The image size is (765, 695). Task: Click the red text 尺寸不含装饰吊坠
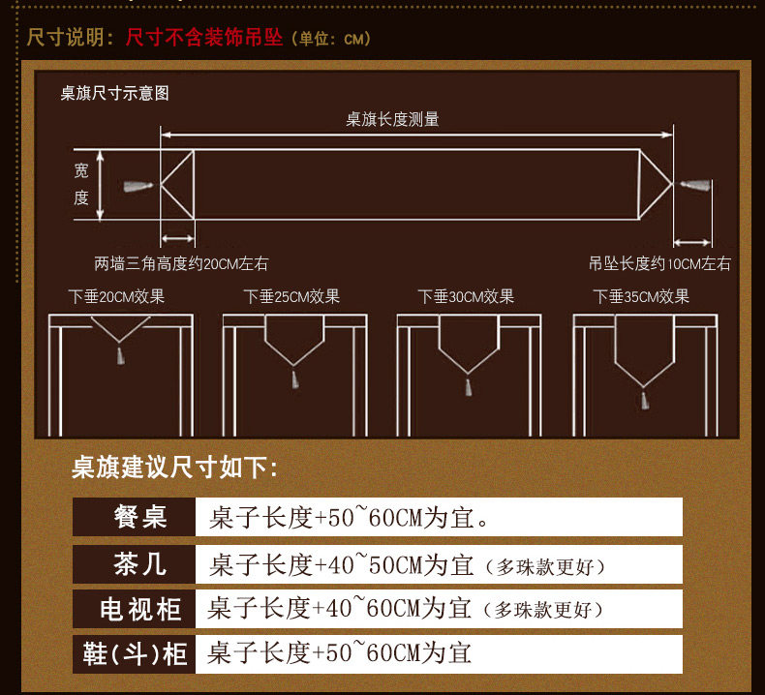(x=204, y=37)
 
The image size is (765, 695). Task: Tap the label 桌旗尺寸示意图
(x=114, y=93)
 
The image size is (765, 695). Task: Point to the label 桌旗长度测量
(x=393, y=119)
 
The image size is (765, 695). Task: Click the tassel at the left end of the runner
(x=138, y=186)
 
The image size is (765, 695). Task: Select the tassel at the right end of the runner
(x=694, y=185)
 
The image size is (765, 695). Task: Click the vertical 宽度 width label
(x=81, y=184)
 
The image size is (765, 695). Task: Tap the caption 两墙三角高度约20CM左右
(x=181, y=264)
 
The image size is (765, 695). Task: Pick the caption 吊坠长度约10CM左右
(x=659, y=264)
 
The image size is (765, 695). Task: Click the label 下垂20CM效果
(x=116, y=296)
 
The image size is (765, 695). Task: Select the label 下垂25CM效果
(x=291, y=296)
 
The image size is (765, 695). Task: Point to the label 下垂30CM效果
(x=466, y=296)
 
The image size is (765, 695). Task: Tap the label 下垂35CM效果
(x=641, y=296)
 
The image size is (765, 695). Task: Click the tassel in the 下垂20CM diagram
(x=120, y=355)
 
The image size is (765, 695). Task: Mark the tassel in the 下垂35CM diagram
(x=645, y=400)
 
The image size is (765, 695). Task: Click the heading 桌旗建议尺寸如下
(x=174, y=468)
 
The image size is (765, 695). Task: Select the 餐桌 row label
(x=140, y=517)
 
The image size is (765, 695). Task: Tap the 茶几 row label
(x=140, y=563)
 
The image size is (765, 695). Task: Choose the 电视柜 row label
(x=140, y=609)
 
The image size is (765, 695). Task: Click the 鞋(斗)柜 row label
(x=135, y=654)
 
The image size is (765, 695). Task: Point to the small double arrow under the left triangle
(x=177, y=238)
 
